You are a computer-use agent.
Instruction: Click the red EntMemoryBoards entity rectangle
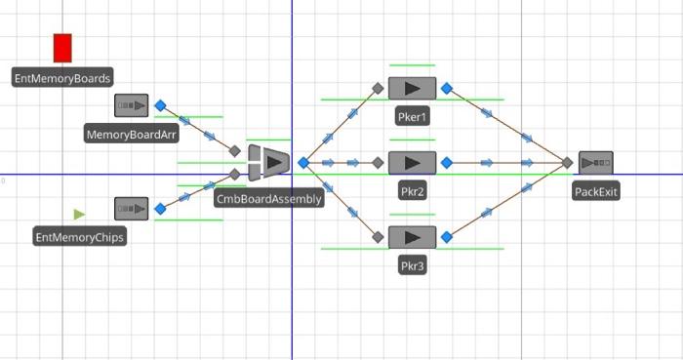click(62, 48)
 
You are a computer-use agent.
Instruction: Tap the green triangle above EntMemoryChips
click(79, 214)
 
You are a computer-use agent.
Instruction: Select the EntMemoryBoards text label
click(62, 77)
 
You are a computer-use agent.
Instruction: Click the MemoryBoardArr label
click(132, 135)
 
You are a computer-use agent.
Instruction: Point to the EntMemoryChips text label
click(80, 237)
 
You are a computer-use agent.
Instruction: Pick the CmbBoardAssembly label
click(268, 199)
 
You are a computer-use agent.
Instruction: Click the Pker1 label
click(413, 117)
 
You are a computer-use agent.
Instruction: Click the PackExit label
click(596, 192)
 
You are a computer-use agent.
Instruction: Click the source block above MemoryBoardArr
click(132, 105)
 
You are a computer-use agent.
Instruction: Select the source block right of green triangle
click(132, 208)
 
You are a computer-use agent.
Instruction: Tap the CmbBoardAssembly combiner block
click(269, 162)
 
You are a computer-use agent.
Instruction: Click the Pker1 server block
click(413, 88)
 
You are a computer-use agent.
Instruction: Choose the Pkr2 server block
click(413, 163)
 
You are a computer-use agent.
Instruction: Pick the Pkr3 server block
click(413, 237)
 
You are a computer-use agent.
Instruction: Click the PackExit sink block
click(596, 163)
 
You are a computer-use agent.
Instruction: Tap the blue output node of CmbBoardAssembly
click(303, 163)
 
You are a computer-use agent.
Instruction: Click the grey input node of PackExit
click(567, 163)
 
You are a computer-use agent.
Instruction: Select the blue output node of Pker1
click(447, 88)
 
